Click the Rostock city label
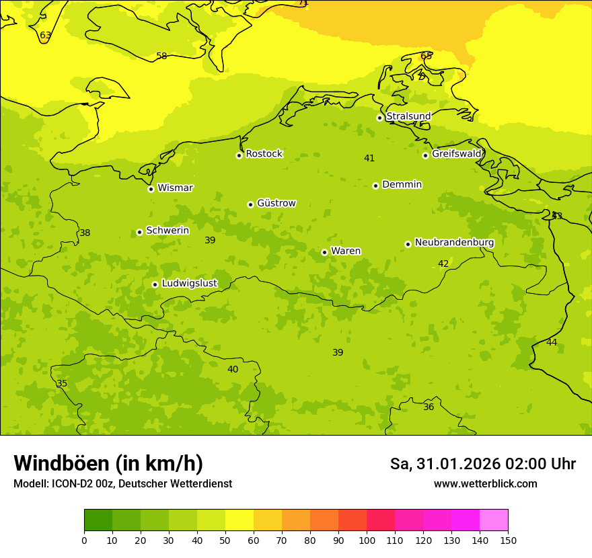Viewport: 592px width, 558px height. tap(264, 154)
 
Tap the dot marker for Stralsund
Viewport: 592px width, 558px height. tap(379, 118)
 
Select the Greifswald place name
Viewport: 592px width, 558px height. tap(456, 154)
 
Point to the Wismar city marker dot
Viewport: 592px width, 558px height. tap(151, 189)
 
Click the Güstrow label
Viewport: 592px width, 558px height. tap(276, 203)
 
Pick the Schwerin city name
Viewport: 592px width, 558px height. tap(168, 231)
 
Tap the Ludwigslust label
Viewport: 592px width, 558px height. tap(189, 284)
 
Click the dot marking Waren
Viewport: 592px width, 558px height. tap(324, 252)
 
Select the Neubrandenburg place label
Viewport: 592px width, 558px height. tap(454, 243)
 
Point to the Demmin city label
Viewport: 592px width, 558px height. tap(402, 185)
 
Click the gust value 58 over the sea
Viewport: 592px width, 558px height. tap(161, 56)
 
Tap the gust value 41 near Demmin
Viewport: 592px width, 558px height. tap(369, 159)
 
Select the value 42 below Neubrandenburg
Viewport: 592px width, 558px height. tap(443, 264)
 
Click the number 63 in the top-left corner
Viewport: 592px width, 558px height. tap(45, 36)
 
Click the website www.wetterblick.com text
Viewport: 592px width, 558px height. tap(485, 484)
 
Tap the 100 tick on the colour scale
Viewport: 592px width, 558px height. tap(367, 540)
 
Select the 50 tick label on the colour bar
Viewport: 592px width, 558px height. tap(225, 540)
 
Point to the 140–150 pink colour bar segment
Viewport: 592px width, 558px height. tap(494, 520)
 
